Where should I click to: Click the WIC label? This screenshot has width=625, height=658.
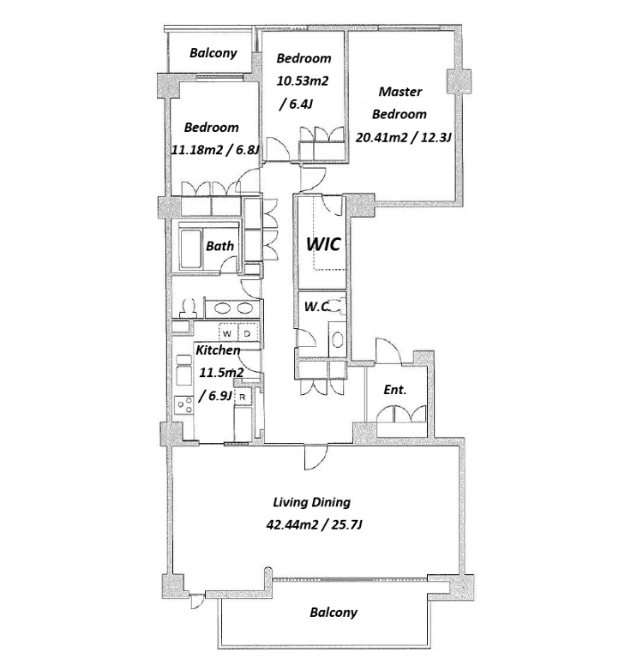pos(322,244)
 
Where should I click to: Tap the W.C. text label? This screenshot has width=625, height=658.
pos(317,307)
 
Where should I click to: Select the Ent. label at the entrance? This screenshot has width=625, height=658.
pos(395,390)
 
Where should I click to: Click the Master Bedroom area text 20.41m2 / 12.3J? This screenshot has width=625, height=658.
pos(403,137)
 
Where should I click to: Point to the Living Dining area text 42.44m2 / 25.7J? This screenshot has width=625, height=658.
pos(314,524)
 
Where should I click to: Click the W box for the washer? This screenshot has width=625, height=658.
pos(227,334)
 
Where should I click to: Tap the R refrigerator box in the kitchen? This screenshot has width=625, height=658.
pos(243,397)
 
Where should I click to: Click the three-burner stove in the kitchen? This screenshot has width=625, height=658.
pos(184,405)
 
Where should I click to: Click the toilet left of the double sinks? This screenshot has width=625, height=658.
pos(188,308)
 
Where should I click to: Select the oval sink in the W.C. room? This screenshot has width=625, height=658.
pos(337,340)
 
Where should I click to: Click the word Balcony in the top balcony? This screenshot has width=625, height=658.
pos(213,53)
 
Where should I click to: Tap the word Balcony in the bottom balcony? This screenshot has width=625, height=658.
pos(334,613)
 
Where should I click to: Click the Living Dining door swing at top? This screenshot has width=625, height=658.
pos(316,458)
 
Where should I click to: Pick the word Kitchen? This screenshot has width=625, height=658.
pos(218,350)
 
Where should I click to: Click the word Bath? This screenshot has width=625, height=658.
pos(219,246)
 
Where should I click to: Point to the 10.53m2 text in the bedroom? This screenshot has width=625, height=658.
pos(303,81)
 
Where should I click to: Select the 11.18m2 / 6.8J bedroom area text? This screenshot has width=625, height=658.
pos(215,150)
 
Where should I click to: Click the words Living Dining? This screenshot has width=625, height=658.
pos(312,502)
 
